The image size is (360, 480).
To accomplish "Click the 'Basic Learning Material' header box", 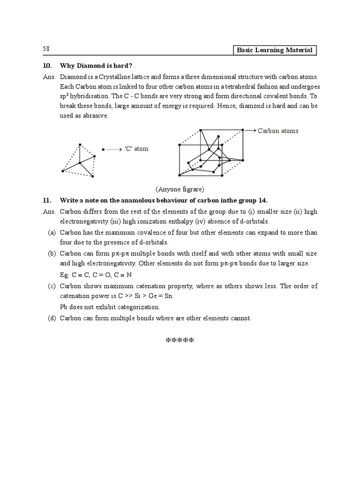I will [x=275, y=50].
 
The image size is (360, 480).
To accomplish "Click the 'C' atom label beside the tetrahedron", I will [x=136, y=149].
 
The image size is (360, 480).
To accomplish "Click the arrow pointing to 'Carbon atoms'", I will [x=250, y=130].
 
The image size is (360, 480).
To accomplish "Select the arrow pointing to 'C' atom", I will [x=114, y=149].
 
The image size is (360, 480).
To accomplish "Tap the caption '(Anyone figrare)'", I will [x=180, y=189].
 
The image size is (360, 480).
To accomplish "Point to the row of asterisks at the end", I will [x=180, y=340].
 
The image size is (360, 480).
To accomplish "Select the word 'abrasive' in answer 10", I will [x=95, y=116].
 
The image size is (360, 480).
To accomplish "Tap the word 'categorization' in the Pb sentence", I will [x=140, y=307].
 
